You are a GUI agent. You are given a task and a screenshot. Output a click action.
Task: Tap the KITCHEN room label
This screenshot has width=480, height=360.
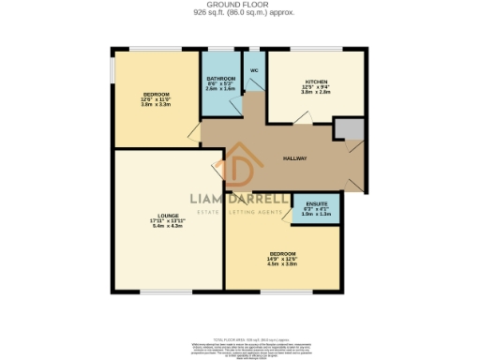click(314, 81)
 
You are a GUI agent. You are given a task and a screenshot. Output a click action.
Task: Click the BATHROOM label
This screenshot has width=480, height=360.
click(221, 81)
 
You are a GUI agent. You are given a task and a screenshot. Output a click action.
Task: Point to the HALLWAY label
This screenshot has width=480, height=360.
click(296, 157)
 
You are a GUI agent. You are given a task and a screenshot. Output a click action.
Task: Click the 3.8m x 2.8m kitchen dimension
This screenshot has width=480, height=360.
click(314, 93)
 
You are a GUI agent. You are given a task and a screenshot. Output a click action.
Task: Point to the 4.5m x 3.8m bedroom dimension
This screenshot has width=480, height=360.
click(282, 263)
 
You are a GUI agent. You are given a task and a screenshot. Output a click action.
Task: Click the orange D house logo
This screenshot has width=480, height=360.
click(239, 169)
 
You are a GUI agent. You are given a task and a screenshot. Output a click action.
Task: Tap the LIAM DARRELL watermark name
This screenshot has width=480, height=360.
click(240, 200)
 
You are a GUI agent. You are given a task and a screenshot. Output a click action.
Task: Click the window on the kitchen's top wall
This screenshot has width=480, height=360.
click(315, 49)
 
